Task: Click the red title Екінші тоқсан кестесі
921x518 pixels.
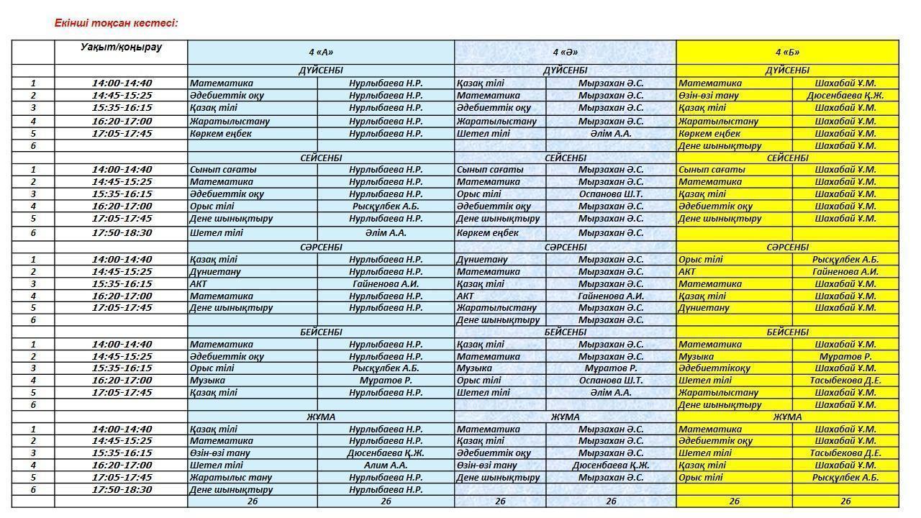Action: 116,23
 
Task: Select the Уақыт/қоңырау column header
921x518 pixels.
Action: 121,47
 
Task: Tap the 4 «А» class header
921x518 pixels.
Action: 321,52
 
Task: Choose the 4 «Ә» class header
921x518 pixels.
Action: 565,52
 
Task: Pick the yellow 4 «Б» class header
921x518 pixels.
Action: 787,52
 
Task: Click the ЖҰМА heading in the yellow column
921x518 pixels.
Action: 787,417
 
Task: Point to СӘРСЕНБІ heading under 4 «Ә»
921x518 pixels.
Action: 565,247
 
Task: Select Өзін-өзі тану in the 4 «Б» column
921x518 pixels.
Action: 708,95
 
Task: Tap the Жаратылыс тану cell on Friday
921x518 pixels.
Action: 230,477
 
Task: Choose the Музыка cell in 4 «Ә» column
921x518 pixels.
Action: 474,368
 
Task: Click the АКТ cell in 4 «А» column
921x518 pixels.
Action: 199,283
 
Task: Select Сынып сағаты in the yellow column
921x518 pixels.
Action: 712,170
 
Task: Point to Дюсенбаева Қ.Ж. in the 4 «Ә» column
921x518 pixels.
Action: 610,465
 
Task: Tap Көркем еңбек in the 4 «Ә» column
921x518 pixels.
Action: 487,232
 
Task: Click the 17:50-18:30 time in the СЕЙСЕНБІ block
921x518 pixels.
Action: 121,232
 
